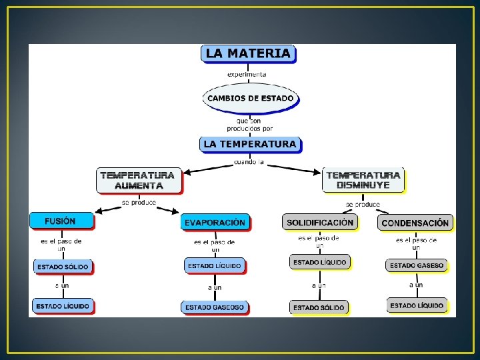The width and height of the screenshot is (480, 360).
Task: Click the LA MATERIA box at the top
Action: (x=248, y=54)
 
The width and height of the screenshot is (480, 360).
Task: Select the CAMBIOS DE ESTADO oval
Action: (x=250, y=98)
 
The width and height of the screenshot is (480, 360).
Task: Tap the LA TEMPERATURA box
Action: (x=250, y=144)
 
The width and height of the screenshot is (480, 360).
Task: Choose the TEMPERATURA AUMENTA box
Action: (x=139, y=180)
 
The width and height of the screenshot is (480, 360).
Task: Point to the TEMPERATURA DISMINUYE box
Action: (x=363, y=180)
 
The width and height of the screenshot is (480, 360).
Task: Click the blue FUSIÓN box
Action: (x=61, y=221)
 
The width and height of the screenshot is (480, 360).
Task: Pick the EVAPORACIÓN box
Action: (x=215, y=222)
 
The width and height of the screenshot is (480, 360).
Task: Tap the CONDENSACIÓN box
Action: (x=415, y=222)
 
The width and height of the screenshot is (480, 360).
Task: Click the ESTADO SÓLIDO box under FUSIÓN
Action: (x=63, y=267)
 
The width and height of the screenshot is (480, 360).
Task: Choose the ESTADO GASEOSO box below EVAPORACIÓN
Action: (x=215, y=307)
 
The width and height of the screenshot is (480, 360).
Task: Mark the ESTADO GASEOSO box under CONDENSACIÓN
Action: (x=416, y=265)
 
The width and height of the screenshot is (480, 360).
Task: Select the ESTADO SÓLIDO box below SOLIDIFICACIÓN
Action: (x=319, y=307)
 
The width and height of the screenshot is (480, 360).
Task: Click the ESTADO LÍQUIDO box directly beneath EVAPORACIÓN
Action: (x=215, y=266)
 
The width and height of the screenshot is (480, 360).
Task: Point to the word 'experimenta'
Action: (x=247, y=74)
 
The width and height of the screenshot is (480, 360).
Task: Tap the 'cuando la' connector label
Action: (x=249, y=162)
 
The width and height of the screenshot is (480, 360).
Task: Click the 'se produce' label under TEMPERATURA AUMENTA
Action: (x=139, y=202)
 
